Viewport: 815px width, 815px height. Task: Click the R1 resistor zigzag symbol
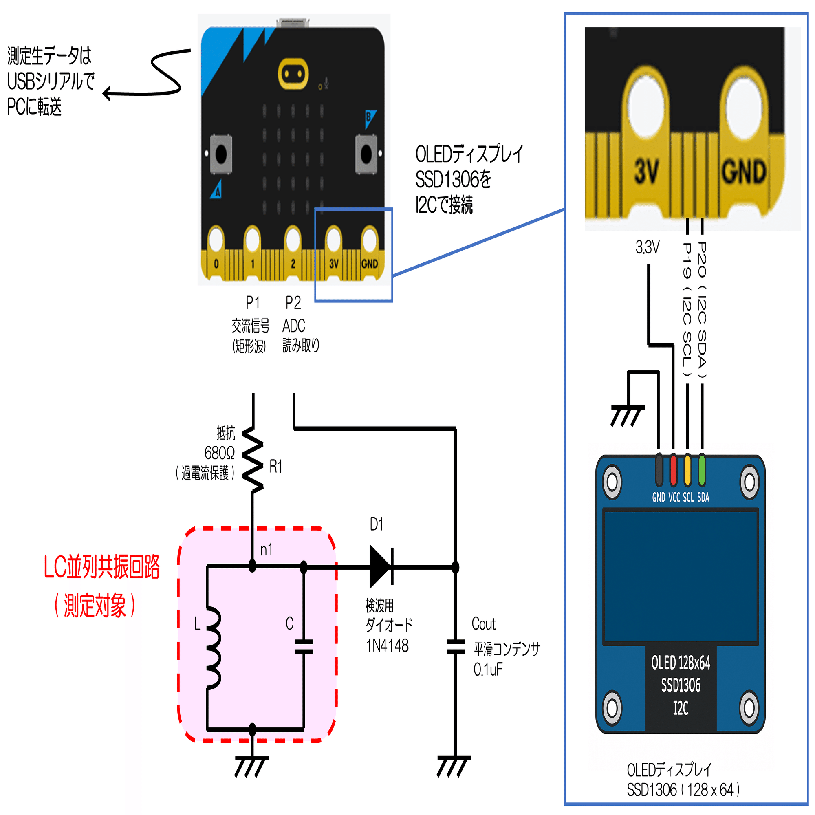[253, 460]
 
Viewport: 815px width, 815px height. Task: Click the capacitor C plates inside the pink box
[304, 647]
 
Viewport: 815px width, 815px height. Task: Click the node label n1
[266, 550]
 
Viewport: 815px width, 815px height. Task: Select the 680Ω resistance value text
[219, 454]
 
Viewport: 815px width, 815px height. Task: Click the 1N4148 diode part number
[387, 646]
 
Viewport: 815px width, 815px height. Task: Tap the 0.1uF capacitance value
[488, 670]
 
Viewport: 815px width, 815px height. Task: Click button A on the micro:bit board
[221, 154]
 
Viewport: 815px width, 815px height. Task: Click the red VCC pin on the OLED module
[673, 469]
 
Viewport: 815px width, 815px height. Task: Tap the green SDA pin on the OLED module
[702, 469]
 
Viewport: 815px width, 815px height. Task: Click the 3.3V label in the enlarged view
[648, 248]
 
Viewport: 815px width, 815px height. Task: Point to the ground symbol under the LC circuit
[251, 766]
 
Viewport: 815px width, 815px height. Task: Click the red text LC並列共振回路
[101, 567]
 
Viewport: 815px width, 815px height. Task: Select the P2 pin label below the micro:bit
[293, 303]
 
